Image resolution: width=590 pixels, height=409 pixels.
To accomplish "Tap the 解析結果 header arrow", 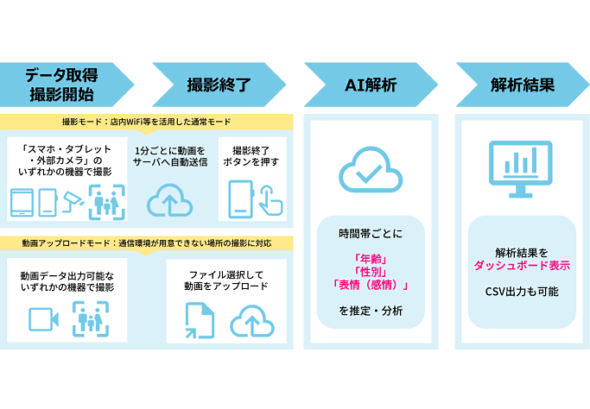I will tap(522, 85).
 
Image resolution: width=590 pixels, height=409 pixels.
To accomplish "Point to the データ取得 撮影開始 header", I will tap(62, 85).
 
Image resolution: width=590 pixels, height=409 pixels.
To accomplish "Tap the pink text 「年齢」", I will tap(370, 256).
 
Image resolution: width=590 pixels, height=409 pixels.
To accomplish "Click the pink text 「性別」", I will tap(370, 271).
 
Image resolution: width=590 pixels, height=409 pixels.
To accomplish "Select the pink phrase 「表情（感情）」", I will tap(370, 286).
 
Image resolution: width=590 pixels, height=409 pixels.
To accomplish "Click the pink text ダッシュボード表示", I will tap(521, 266).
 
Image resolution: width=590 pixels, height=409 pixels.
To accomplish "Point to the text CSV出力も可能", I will tap(521, 292).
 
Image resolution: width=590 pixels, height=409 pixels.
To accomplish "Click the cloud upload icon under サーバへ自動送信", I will tap(170, 201).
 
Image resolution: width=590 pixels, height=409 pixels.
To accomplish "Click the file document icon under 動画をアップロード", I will tap(199, 320).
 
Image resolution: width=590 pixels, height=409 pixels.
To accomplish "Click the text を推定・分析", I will tap(370, 311).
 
